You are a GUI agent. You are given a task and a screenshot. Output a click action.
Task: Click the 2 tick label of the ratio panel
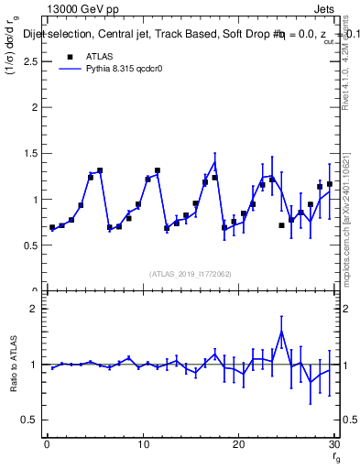click(33, 309)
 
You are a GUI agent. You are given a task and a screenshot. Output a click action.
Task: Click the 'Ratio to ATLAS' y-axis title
click(13, 366)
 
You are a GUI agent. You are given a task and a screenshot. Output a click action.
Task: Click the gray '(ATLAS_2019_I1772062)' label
click(191, 273)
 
